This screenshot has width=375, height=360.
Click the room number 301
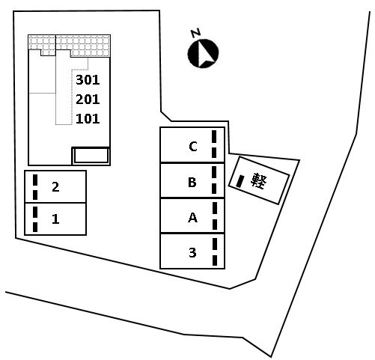click(88, 80)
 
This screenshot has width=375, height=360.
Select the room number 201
click(88, 100)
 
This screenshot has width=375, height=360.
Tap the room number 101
click(88, 119)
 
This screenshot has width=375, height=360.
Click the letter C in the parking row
click(193, 147)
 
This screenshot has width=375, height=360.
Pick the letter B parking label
click(192, 182)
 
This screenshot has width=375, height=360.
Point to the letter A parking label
click(192, 217)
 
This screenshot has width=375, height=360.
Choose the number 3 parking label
click(192, 252)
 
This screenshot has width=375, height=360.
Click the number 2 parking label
click(55, 187)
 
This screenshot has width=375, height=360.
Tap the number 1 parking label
click(55, 219)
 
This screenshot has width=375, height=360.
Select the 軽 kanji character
click(259, 180)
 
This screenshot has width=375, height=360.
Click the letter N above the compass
click(196, 33)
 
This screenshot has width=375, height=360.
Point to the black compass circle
click(203, 53)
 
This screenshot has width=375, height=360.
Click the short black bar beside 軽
click(240, 181)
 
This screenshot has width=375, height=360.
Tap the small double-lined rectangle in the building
click(91, 156)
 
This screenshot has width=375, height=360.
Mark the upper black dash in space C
click(214, 136)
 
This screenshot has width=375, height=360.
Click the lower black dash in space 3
click(215, 260)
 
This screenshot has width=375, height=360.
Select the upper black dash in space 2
click(35, 180)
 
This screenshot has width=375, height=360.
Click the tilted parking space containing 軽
click(259, 180)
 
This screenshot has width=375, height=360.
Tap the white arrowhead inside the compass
click(206, 55)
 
